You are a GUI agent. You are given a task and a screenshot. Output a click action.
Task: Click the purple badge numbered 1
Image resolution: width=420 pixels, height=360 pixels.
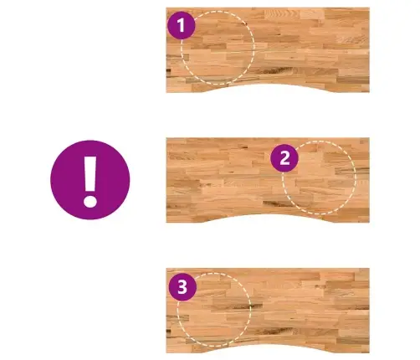pyautogui.click(x=182, y=25)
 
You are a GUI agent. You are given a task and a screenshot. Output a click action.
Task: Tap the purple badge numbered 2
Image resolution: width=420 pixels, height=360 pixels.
pyautogui.click(x=284, y=158)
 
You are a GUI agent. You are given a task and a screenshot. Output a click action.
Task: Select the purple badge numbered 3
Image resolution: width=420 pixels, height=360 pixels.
pyautogui.click(x=182, y=287)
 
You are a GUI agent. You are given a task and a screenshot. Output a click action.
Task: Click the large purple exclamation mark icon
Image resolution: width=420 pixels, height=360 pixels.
pyautogui.click(x=90, y=180)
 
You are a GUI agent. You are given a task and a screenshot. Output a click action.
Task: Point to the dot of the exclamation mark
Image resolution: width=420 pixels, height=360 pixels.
pyautogui.click(x=90, y=201)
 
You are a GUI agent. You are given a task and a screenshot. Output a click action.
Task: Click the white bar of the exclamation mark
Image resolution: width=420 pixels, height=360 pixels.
pyautogui.click(x=90, y=173)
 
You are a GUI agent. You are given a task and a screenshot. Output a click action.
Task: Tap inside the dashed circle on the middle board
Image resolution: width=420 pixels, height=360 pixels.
pyautogui.click(x=320, y=177)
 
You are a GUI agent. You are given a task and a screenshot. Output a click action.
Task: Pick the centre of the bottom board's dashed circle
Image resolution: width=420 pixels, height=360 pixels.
pyautogui.click(x=214, y=310)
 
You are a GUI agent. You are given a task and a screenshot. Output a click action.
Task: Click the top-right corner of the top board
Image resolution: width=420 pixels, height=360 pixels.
pyautogui.click(x=370, y=8)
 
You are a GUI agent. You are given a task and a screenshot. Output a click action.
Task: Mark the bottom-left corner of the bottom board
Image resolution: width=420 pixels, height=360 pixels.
pyautogui.click(x=166, y=352)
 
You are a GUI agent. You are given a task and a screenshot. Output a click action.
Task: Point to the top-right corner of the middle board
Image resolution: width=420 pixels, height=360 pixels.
pyautogui.click(x=370, y=138)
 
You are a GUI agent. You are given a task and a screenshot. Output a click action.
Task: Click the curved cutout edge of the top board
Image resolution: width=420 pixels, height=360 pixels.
pyautogui.click(x=268, y=85)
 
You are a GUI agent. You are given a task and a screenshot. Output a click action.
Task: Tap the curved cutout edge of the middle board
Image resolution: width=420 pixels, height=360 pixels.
pyautogui.click(x=268, y=214)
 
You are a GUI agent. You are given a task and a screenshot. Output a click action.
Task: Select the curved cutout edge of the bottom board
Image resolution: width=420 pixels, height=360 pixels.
pyautogui.click(x=268, y=345)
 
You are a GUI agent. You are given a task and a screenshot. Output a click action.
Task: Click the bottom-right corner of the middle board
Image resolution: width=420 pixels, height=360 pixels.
pyautogui.click(x=370, y=223)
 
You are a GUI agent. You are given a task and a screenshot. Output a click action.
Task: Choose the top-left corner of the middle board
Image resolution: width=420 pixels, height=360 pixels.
pyautogui.click(x=166, y=138)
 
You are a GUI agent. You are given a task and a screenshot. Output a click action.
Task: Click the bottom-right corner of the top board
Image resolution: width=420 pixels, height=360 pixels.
pyautogui.click(x=370, y=92)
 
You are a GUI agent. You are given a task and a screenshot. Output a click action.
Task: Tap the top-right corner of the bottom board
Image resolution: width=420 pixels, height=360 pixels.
pyautogui.click(x=370, y=269)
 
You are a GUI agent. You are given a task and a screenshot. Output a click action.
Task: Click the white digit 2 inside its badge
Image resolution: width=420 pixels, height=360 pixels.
pyautogui.click(x=284, y=158)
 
